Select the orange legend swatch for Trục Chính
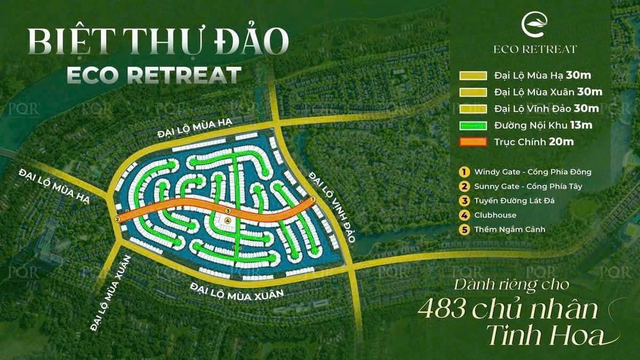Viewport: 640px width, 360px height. click(473, 141)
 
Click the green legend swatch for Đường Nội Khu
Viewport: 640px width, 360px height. click(473, 125)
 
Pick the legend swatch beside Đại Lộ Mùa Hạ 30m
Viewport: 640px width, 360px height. click(473, 76)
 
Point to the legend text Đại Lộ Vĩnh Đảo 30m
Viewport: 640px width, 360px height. click(547, 109)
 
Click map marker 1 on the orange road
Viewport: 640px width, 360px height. click(314, 199)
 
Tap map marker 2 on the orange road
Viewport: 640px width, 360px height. click(117, 218)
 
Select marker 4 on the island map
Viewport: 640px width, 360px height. click(228, 220)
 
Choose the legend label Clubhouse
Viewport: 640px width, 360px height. click(495, 215)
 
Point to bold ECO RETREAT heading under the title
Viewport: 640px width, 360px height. click(154, 75)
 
